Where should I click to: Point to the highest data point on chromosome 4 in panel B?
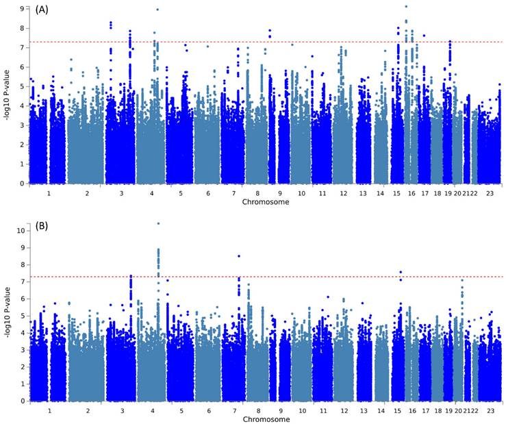(x=158, y=223)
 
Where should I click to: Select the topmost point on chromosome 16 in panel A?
(x=406, y=6)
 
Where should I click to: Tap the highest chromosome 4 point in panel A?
(x=157, y=10)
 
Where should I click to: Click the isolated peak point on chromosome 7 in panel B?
(x=238, y=256)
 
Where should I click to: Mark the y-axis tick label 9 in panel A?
(x=22, y=9)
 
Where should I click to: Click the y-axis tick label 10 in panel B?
(x=21, y=231)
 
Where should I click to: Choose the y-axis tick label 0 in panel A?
(x=22, y=184)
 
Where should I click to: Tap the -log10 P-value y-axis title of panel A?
(x=7, y=96)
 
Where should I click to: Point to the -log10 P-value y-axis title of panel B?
(x=7, y=315)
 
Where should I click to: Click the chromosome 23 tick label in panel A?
(x=490, y=194)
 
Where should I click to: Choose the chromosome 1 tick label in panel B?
(x=49, y=411)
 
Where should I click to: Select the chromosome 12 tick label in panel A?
(x=342, y=194)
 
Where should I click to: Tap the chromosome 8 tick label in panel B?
(x=255, y=411)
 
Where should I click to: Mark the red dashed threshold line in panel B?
(x=308, y=277)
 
